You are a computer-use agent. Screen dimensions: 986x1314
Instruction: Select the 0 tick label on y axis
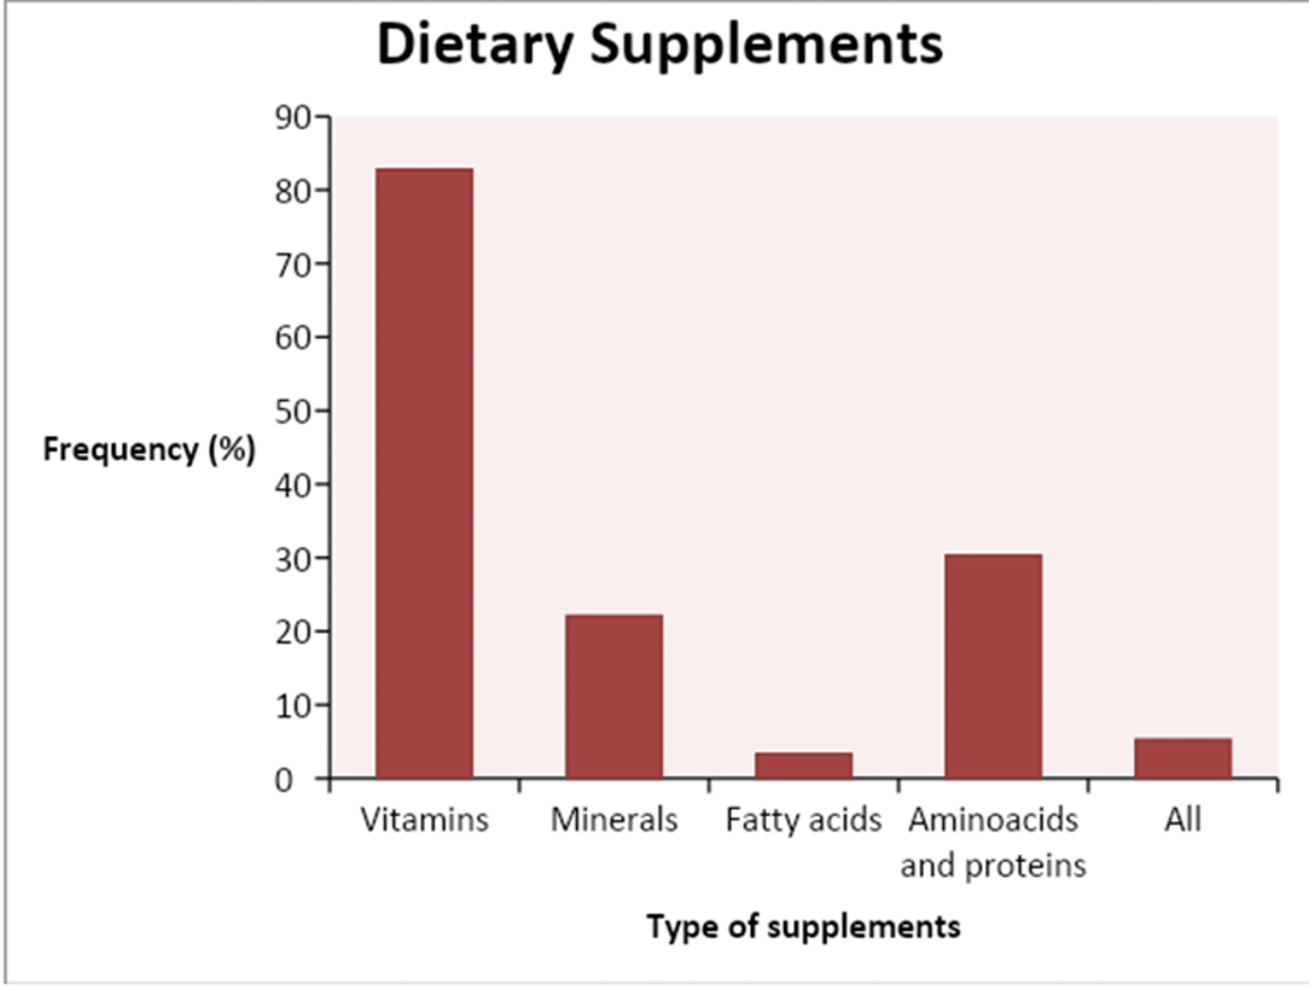[284, 780]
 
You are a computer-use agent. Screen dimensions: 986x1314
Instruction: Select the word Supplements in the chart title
[766, 45]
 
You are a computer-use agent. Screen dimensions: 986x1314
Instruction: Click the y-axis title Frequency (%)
[149, 449]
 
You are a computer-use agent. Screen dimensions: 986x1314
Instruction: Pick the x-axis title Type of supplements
[804, 926]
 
